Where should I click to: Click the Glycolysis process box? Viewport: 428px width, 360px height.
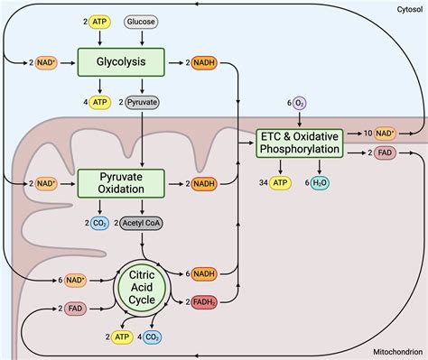(121, 62)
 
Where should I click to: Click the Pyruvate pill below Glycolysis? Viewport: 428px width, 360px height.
(142, 102)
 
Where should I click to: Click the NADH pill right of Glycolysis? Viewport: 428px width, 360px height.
(204, 62)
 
